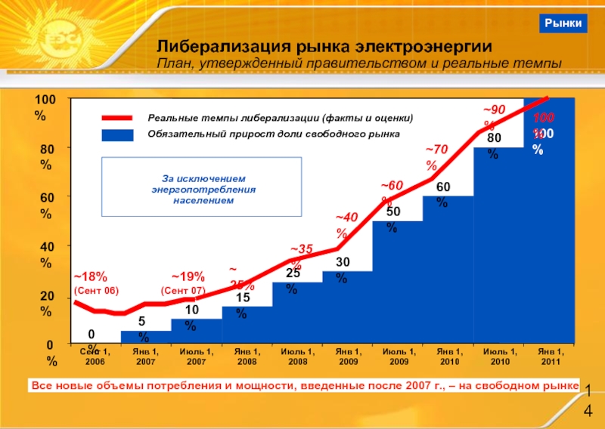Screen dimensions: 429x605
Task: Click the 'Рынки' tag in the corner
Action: (564, 24)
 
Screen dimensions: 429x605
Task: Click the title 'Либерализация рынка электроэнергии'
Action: (324, 47)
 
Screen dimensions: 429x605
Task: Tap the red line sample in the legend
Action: (118, 119)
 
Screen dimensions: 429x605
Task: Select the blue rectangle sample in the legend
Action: (118, 134)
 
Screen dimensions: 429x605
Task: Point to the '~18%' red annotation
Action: (91, 276)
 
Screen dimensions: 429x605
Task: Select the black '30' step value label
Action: (342, 261)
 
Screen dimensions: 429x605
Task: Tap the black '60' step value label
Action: (443, 187)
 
